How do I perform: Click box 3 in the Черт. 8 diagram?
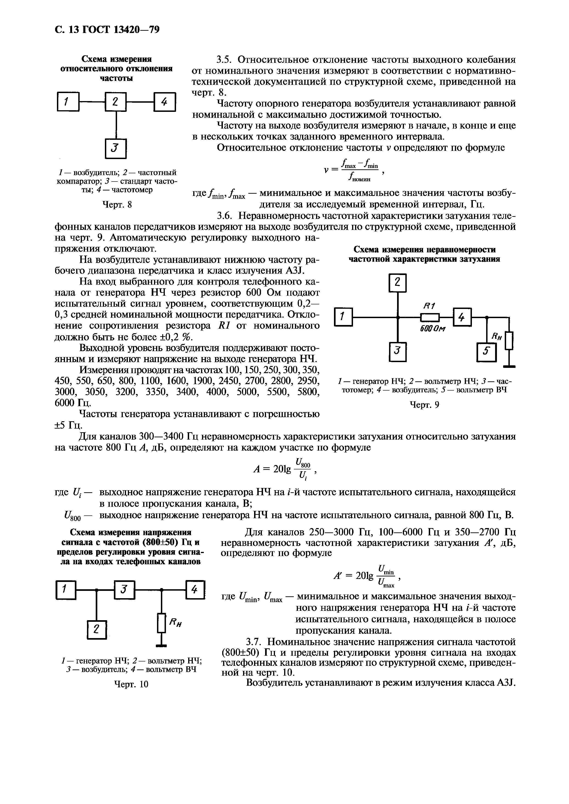(x=116, y=149)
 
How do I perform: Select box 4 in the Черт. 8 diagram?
(x=164, y=102)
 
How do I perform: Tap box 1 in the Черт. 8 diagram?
(x=68, y=102)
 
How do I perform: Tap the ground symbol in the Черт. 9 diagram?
(x=509, y=366)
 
